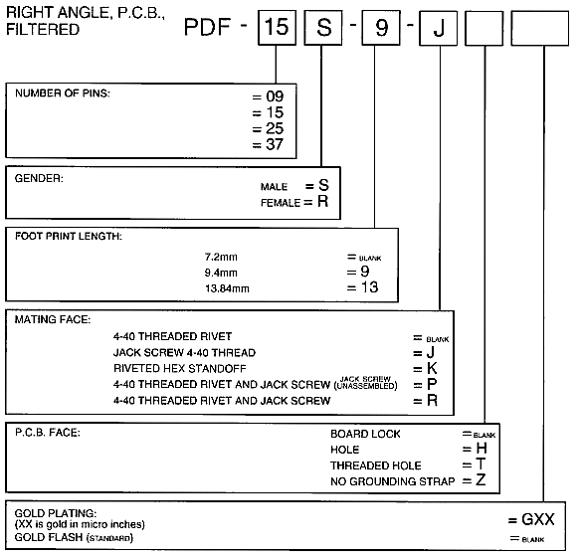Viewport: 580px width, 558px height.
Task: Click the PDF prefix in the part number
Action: click(x=207, y=27)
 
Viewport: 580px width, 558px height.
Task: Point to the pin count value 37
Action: click(x=275, y=144)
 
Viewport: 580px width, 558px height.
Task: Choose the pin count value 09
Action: click(x=275, y=96)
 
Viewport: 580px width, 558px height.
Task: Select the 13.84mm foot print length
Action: click(x=227, y=288)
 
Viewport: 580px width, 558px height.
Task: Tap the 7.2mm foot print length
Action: click(x=221, y=257)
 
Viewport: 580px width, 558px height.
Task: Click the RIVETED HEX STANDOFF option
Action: click(x=180, y=368)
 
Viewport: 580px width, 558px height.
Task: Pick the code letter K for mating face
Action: click(x=432, y=368)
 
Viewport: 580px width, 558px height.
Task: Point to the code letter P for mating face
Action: click(x=432, y=384)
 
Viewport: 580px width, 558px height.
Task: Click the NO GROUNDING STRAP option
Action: click(x=393, y=481)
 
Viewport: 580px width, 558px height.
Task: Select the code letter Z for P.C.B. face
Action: click(x=481, y=480)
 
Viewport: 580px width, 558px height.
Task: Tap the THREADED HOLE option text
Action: click(x=376, y=465)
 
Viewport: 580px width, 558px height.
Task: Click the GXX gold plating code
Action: click(x=538, y=519)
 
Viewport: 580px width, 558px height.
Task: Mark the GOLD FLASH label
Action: click(x=49, y=537)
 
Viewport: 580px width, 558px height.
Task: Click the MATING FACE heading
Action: click(x=53, y=319)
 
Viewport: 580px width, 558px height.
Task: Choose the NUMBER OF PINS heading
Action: click(x=63, y=93)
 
